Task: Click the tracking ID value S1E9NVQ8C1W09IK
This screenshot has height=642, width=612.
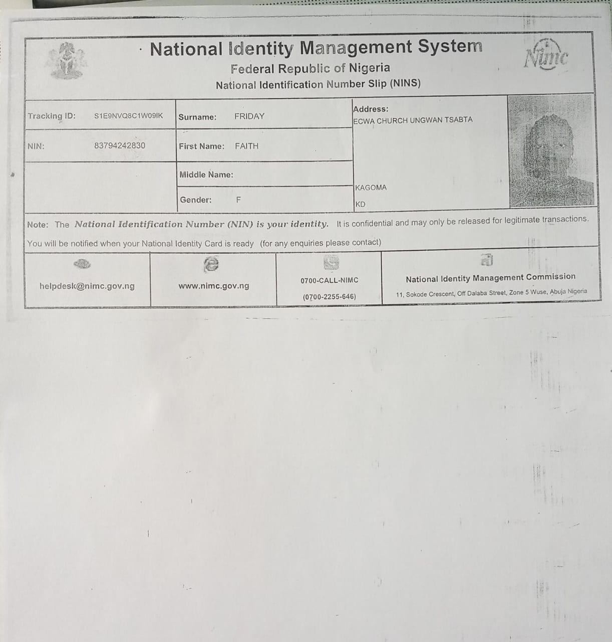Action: click(128, 116)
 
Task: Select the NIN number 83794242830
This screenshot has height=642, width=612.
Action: click(120, 145)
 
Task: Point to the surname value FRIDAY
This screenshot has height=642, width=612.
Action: click(249, 116)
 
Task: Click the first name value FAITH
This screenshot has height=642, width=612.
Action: click(246, 146)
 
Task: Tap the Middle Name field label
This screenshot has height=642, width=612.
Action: click(206, 175)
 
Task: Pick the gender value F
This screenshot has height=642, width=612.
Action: click(238, 200)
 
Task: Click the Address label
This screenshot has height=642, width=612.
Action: click(371, 109)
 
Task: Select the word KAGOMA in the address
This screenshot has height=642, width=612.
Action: click(371, 188)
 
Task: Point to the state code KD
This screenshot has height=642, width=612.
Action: click(360, 204)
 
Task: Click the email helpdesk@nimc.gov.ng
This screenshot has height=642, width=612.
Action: click(87, 286)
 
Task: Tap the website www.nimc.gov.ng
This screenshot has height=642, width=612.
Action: click(214, 286)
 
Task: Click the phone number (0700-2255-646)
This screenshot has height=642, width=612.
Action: click(329, 296)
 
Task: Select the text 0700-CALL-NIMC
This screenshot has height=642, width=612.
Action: click(329, 280)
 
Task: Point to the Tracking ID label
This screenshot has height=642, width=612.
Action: click(52, 116)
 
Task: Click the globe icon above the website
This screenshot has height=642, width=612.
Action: click(211, 264)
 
